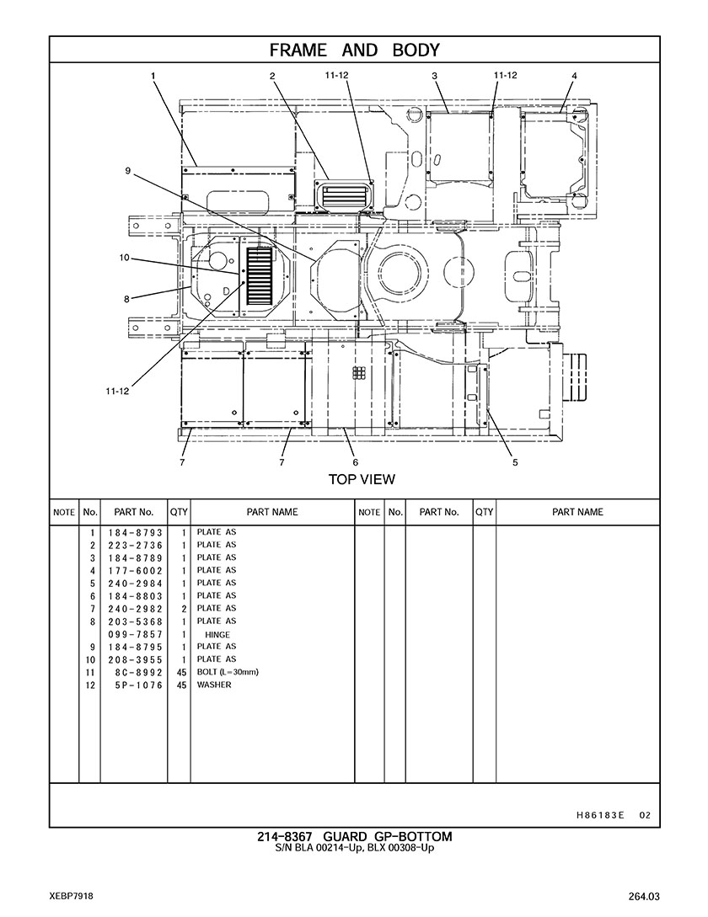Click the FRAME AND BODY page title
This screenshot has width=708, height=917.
coord(354,51)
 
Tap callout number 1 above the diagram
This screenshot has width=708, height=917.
coord(153,76)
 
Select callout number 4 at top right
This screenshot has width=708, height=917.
coord(575,76)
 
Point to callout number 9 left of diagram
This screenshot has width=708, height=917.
coord(127,171)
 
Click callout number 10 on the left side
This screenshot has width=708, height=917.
coord(124,258)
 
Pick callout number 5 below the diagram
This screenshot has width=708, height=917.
coord(515,462)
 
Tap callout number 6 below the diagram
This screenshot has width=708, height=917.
coord(356,462)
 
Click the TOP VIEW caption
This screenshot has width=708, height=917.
coord(362,480)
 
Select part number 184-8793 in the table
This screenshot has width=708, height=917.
coord(135,533)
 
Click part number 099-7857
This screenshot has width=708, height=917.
coord(135,635)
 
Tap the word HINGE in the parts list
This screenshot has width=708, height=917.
coord(217,635)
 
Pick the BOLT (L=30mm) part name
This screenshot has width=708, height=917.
coord(228,672)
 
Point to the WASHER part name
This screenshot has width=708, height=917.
coord(214,685)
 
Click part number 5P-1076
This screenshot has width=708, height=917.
coord(139,685)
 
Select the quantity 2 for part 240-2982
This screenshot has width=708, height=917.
coord(183,610)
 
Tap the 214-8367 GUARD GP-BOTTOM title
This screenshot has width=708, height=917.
coord(355,837)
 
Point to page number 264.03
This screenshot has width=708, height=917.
coord(644,897)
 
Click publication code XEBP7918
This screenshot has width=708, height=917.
coord(72,897)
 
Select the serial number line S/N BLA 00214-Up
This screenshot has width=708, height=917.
coord(318,848)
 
